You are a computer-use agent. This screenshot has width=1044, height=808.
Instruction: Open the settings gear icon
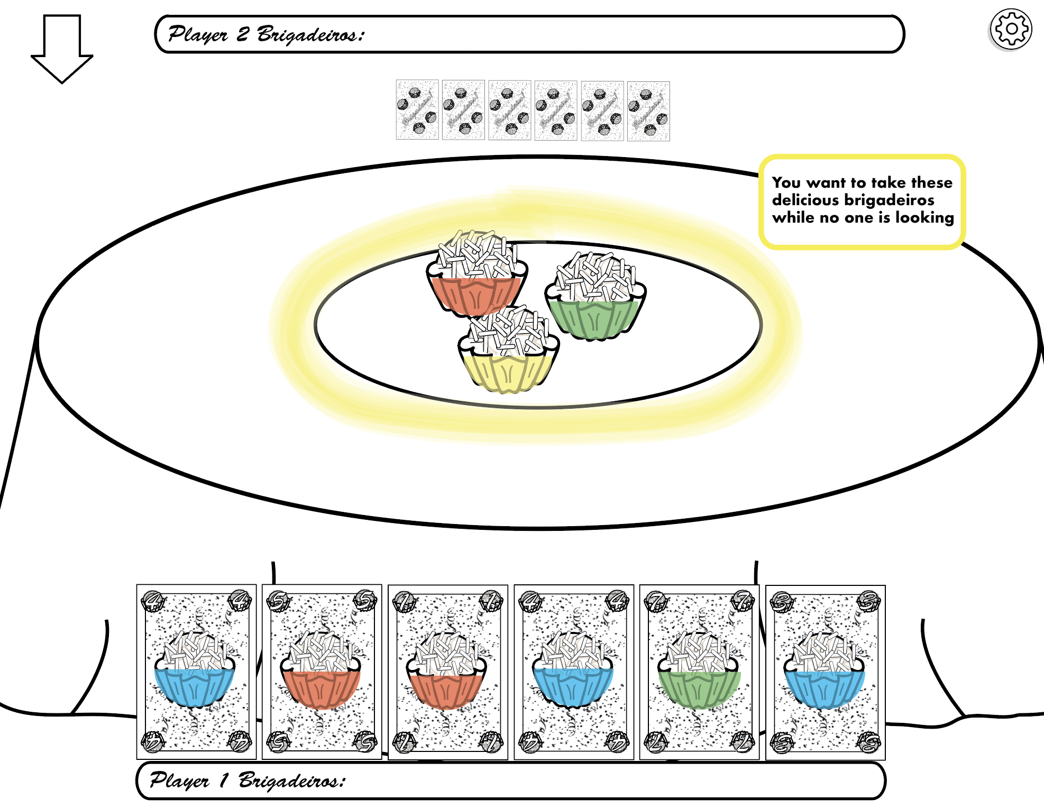pyautogui.click(x=1011, y=29)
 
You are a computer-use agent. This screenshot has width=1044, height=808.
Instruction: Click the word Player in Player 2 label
pyautogui.click(x=198, y=34)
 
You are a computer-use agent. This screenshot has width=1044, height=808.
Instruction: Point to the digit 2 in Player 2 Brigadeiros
pyautogui.click(x=243, y=34)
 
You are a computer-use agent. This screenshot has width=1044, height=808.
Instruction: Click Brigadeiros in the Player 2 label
pyautogui.click(x=310, y=34)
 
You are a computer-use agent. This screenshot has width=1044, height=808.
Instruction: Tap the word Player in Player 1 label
pyautogui.click(x=179, y=781)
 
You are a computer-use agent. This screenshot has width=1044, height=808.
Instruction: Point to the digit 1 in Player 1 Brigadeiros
pyautogui.click(x=224, y=780)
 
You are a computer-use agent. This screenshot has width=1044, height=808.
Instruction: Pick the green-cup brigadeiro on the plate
pyautogui.click(x=596, y=299)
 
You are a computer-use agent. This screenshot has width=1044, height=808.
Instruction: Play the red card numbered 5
pyautogui.click(x=322, y=672)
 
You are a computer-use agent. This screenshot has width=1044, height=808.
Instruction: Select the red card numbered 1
pyautogui.click(x=447, y=672)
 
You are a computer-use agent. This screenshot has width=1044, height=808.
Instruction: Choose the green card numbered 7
pyautogui.click(x=699, y=672)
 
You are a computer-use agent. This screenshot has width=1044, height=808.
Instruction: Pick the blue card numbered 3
pyautogui.click(x=825, y=672)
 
